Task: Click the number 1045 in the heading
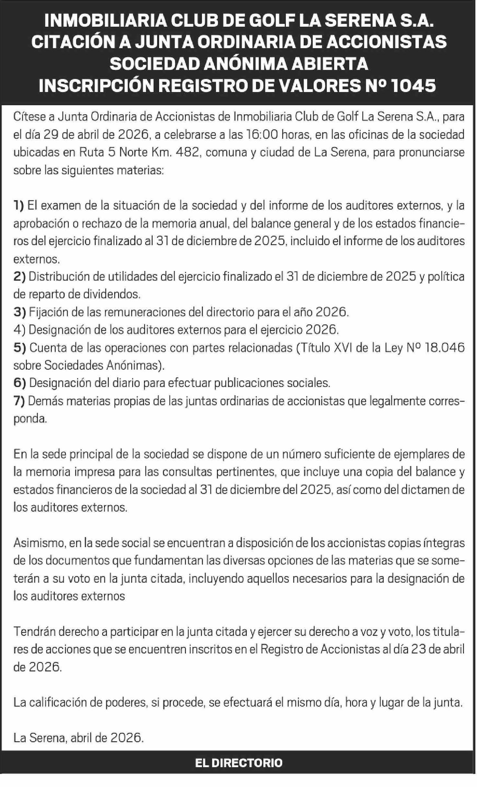[x=414, y=86]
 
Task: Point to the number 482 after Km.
[x=186, y=153]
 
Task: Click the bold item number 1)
[x=19, y=206]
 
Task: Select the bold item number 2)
[x=19, y=277]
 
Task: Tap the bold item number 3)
[x=19, y=312]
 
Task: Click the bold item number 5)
[x=19, y=348]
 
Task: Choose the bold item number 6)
[x=19, y=383]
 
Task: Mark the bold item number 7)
[x=19, y=401]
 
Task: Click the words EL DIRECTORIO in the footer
[x=238, y=763]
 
